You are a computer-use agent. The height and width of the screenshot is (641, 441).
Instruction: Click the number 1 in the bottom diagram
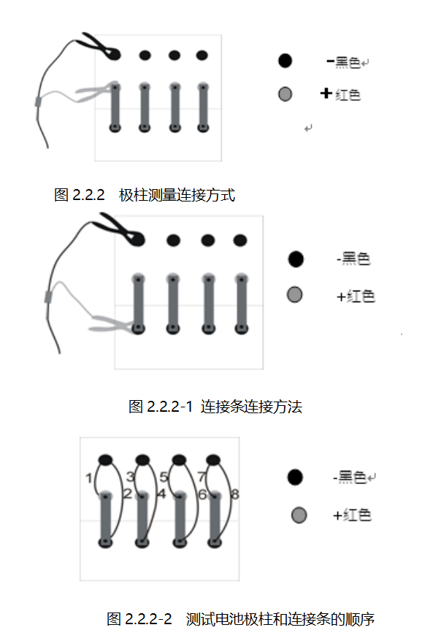(x=88, y=479)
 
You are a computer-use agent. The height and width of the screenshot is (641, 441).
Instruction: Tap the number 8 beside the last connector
(x=234, y=494)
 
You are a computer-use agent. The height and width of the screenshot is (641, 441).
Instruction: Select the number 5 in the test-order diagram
(x=164, y=477)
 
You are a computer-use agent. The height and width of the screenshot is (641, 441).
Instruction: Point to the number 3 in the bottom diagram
(x=130, y=477)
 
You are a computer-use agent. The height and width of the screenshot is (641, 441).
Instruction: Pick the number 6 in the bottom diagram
(x=202, y=494)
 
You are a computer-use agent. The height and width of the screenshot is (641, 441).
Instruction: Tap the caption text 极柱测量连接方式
(x=177, y=195)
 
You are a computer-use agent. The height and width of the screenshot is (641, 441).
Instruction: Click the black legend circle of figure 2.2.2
(x=285, y=61)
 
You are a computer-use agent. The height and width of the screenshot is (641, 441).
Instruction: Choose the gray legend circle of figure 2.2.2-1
(x=294, y=294)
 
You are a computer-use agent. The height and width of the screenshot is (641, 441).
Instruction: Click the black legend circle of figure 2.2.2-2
(x=295, y=477)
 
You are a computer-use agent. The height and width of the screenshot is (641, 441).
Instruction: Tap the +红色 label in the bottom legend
(x=352, y=515)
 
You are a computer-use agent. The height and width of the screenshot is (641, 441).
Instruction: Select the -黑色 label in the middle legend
(x=353, y=258)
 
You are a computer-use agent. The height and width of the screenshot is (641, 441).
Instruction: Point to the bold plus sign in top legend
(x=326, y=93)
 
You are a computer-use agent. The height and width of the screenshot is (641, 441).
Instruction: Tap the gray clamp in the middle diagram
(x=113, y=321)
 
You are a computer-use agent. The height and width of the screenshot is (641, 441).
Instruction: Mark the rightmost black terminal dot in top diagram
(x=202, y=55)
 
